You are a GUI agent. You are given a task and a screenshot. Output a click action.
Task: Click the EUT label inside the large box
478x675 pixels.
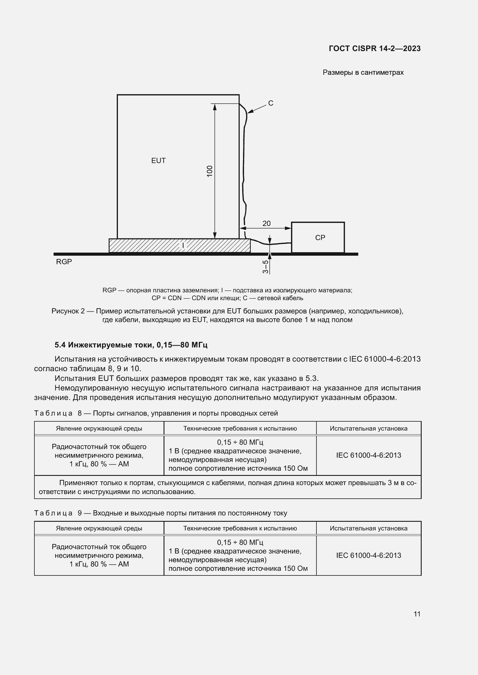[x=158, y=160]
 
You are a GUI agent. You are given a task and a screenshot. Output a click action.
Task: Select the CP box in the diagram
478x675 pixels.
[x=318, y=237]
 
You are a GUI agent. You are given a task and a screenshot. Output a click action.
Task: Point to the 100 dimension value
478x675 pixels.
[x=209, y=171]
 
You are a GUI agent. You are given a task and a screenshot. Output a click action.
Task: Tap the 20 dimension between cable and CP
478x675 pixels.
[x=266, y=223]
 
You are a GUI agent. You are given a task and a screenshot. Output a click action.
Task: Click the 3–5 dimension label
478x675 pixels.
[x=266, y=267]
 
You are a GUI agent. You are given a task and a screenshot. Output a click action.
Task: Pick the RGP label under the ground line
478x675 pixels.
[x=64, y=262]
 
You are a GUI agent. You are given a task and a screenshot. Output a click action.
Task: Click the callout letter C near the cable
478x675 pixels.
[x=271, y=103]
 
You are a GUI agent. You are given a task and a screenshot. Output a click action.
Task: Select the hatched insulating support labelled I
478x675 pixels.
[x=179, y=246]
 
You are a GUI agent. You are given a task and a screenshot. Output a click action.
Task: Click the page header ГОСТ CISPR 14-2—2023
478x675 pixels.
[x=374, y=48]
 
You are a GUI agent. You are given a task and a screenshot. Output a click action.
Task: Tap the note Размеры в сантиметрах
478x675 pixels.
[x=363, y=72]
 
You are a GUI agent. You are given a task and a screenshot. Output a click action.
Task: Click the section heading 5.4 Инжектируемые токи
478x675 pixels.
[x=131, y=345]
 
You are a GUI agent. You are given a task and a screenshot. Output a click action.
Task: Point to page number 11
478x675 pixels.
[x=417, y=614]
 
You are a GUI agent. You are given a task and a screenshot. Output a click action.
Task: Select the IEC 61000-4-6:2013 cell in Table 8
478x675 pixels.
[x=368, y=455]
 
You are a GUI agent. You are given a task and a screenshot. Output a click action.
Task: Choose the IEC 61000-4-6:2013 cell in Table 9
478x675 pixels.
[x=368, y=555]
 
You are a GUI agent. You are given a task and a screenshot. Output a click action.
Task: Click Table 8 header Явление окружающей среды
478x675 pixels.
[x=99, y=428]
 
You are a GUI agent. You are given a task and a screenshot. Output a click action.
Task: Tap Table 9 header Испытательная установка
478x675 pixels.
[x=368, y=528]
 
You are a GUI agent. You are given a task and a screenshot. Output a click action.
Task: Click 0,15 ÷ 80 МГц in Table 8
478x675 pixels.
[x=240, y=442]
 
